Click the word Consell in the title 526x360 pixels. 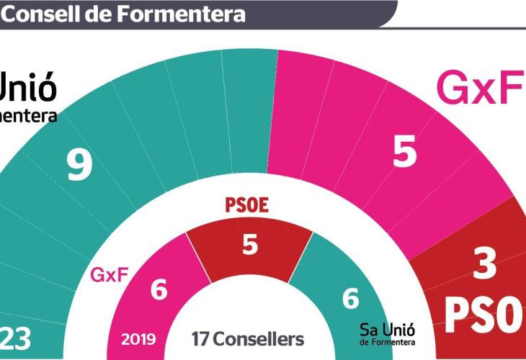[x=45, y=13]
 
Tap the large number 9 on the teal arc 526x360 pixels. [x=79, y=165]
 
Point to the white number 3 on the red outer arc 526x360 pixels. [x=486, y=264]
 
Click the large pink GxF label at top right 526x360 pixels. [x=480, y=89]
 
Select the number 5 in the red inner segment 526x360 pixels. [x=249, y=245]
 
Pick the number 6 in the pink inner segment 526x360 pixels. [x=159, y=290]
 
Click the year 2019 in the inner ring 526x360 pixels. [x=138, y=338]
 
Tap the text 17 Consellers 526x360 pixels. [x=247, y=338]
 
